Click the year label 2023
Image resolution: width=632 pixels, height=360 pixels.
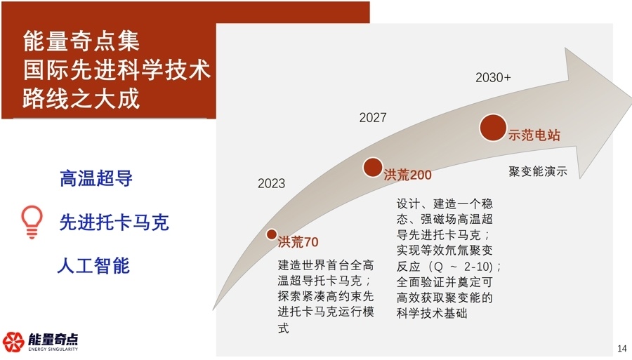271,184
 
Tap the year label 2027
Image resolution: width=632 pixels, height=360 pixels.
373,118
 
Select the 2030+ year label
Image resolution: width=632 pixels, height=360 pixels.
493,78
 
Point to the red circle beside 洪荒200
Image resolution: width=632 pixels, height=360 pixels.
373,167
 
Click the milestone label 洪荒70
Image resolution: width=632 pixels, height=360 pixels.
298,243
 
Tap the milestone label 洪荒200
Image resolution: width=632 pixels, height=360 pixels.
407,175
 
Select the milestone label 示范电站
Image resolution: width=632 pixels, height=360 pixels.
535,136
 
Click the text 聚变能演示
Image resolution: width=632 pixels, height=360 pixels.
538,171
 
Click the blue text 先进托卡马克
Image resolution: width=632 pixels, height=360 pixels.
114,223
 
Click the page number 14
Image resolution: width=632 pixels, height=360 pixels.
621,349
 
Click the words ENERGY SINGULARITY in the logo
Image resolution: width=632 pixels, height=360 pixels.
53,349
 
